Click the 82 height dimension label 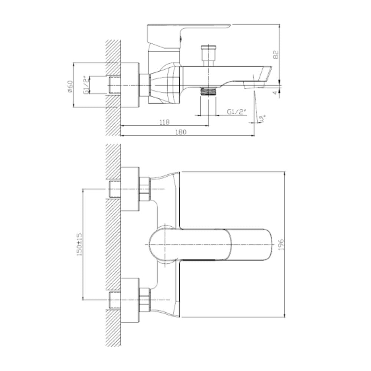(x=275, y=55)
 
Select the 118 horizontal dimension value (x=165, y=122)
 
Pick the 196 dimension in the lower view (x=281, y=244)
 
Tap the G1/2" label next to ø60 (x=86, y=86)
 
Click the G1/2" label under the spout (x=236, y=112)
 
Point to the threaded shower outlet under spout (x=208, y=91)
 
